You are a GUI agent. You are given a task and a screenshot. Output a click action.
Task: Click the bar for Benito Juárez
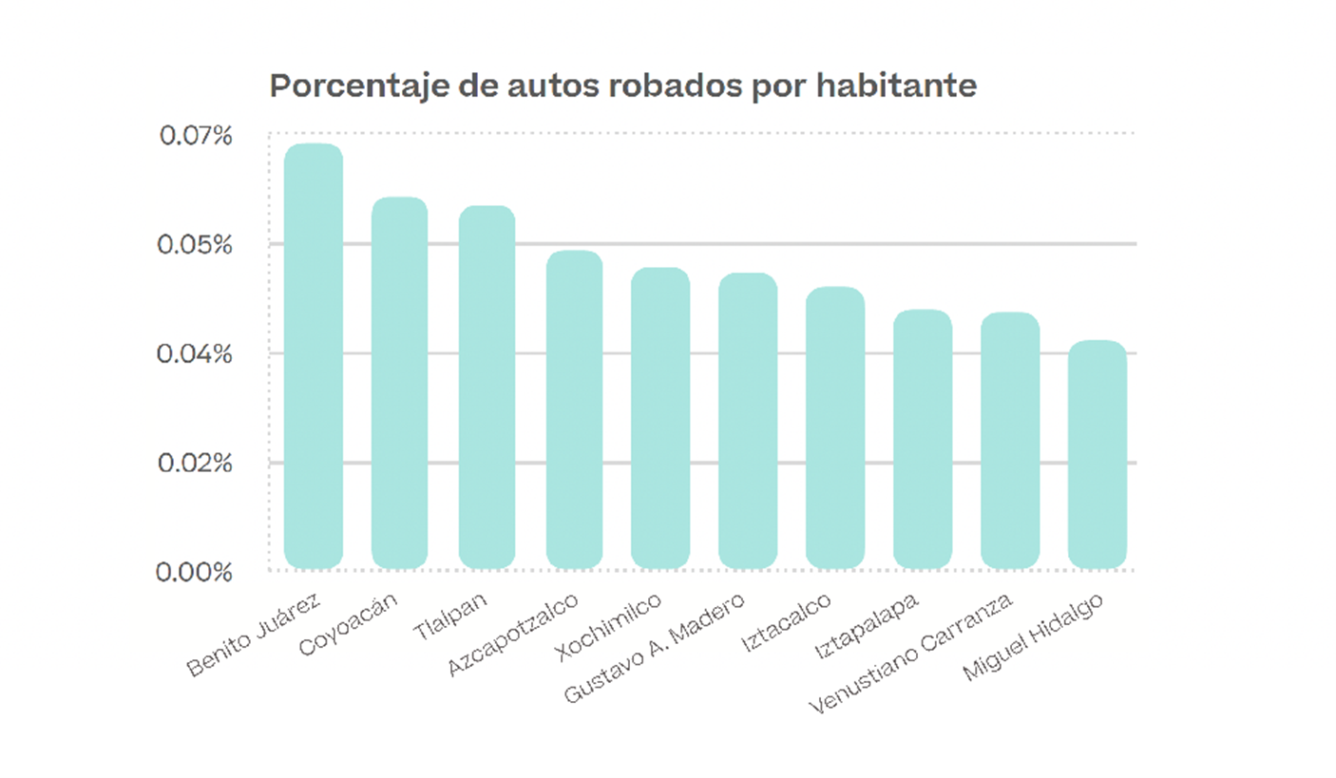point(314,356)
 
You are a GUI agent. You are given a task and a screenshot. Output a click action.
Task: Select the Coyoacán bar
point(399,383)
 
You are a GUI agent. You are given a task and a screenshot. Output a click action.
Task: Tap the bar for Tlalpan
point(487,388)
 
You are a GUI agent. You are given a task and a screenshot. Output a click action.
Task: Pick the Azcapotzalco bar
point(574,409)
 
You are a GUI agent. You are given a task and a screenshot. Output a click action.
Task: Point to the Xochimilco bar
point(661,418)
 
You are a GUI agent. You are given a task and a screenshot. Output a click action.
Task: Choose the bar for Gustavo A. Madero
point(748,421)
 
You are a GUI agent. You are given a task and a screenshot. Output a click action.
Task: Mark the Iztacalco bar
point(835,427)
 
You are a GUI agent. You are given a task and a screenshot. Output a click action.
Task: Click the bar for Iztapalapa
point(923,439)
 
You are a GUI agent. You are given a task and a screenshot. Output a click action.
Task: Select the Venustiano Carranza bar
point(1010,441)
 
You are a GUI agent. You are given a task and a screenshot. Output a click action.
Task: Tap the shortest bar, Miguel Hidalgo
point(1097,454)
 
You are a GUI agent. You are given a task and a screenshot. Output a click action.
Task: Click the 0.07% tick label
point(196,136)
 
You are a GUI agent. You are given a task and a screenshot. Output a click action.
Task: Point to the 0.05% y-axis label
point(196,245)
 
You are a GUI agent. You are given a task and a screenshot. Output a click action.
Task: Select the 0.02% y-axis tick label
point(196,464)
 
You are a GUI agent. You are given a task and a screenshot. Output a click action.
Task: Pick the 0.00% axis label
point(196,573)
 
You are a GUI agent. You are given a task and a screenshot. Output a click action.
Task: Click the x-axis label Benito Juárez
point(255,637)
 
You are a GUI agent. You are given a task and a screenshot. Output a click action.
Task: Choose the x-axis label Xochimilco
point(610,632)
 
